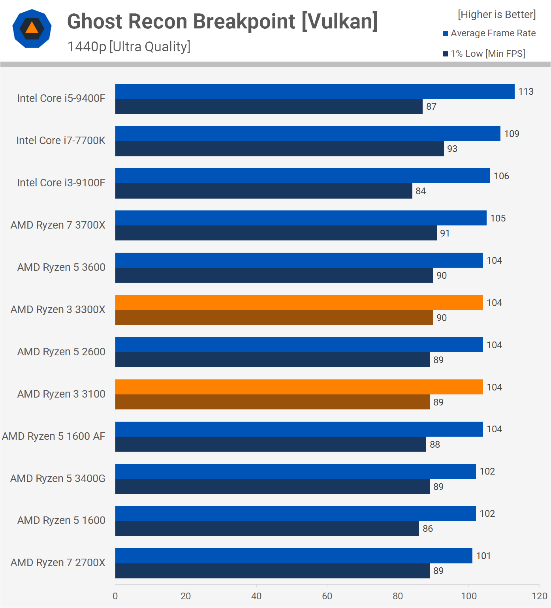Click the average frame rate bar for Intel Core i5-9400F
click(x=315, y=91)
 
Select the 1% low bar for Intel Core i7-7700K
click(x=279, y=149)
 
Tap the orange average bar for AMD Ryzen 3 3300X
click(x=299, y=302)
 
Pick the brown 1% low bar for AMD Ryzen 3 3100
click(x=272, y=402)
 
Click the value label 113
click(x=526, y=92)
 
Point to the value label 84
click(x=421, y=191)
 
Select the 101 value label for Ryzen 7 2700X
click(x=483, y=556)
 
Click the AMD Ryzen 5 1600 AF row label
click(x=54, y=436)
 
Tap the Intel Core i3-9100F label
click(x=61, y=183)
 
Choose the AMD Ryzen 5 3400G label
click(x=58, y=479)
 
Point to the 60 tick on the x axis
click(x=327, y=596)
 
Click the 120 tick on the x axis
click(x=540, y=596)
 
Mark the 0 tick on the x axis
click(x=115, y=596)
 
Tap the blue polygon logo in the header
click(x=32, y=28)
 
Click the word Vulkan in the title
click(x=339, y=21)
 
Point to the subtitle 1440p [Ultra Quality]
click(x=129, y=47)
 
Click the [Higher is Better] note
click(x=496, y=15)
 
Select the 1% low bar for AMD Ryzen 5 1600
click(x=267, y=529)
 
